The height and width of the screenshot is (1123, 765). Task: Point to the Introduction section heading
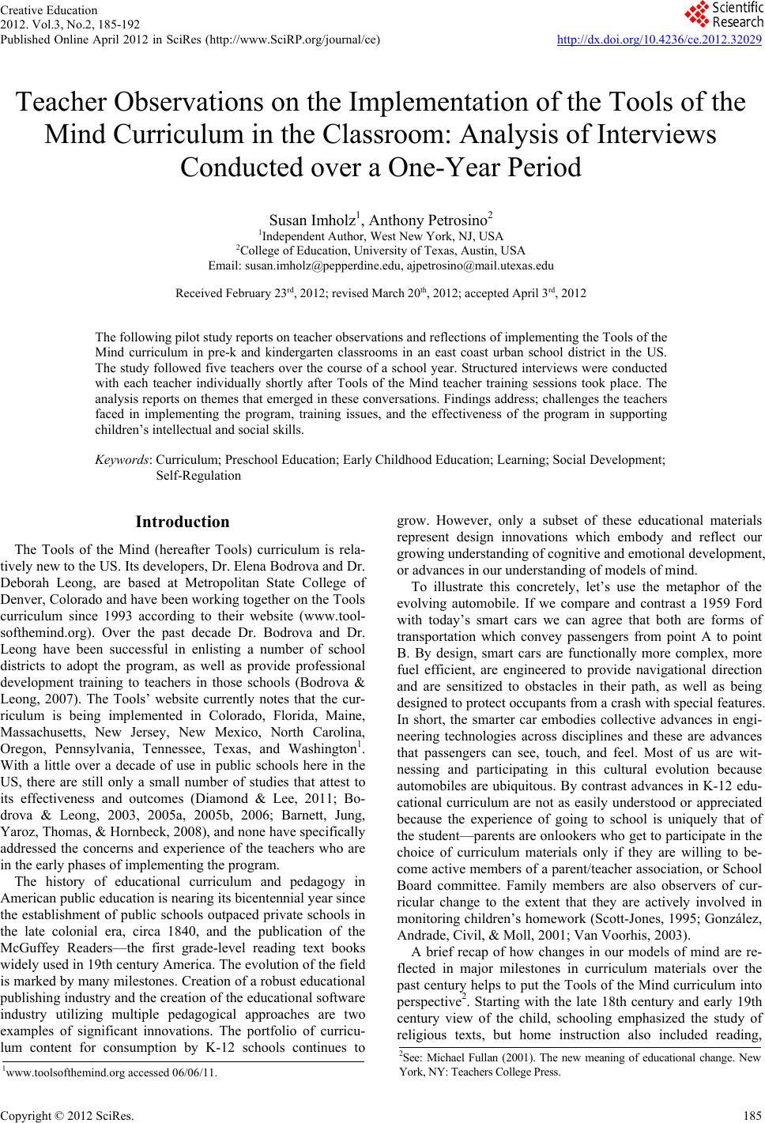click(183, 522)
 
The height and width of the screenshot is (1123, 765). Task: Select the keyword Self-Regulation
click(198, 476)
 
